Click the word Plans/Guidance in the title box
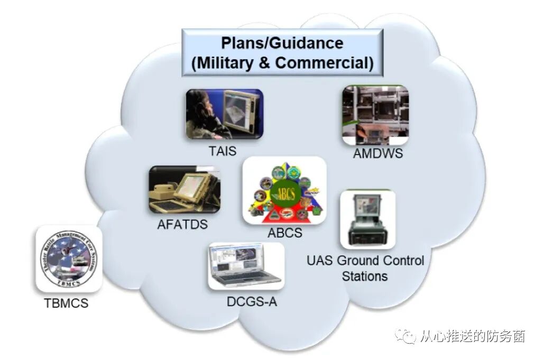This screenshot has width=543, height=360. (282, 43)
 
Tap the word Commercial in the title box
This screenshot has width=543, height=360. (325, 63)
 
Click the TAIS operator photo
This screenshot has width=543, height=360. (224, 114)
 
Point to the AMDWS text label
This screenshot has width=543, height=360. (378, 153)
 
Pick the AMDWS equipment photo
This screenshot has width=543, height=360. (375, 115)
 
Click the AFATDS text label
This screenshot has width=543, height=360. (182, 224)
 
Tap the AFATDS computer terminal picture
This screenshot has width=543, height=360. (185, 189)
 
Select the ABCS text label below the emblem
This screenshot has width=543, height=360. (284, 232)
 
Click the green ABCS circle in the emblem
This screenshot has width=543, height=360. (284, 191)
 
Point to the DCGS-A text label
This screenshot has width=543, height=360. (252, 302)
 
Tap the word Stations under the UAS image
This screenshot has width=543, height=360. (365, 276)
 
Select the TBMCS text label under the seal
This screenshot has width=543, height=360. (66, 303)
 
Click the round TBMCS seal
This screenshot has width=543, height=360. (69, 259)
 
